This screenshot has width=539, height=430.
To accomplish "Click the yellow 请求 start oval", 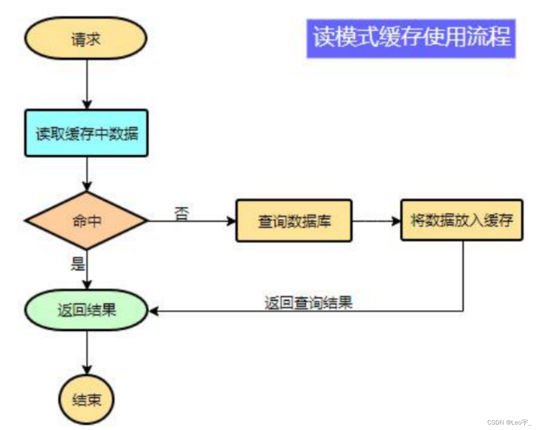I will coord(86,38).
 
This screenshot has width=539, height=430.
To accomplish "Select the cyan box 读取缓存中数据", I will coord(86,133).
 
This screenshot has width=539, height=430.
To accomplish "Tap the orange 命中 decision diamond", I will coord(86,221).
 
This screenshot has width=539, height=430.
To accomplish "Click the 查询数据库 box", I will coord(294,221).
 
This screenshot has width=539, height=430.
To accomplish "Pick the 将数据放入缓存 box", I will coord(462,220).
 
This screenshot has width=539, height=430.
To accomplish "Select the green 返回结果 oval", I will coord(86,310).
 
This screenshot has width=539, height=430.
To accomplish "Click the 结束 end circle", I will coord(86,400).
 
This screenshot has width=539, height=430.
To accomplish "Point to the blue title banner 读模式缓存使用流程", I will coord(411,38).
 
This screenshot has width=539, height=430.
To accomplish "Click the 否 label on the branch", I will coord(182,212).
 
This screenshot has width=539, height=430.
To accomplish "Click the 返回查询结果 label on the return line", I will coord(308,302).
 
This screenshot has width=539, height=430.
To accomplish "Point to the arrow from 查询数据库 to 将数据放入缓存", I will coord(376,221).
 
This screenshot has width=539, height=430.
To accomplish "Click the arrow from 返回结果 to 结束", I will coord(87,352).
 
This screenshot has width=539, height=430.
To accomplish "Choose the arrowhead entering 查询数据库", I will coord(231,221).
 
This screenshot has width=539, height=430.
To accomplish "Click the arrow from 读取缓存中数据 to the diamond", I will coord(87,174).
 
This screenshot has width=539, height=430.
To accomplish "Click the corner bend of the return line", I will coord(463,311).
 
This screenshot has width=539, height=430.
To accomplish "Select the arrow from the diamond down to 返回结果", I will coord(87,270).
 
